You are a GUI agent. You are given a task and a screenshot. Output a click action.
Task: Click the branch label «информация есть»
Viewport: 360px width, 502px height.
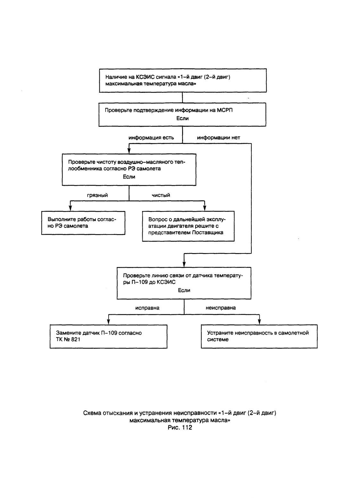click(x=151, y=138)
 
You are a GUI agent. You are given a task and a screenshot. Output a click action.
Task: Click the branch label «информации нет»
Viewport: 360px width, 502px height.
click(x=218, y=138)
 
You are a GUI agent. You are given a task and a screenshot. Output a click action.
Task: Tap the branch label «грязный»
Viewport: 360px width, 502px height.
click(x=97, y=195)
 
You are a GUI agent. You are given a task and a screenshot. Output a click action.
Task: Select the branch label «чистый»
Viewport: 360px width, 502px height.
click(x=161, y=195)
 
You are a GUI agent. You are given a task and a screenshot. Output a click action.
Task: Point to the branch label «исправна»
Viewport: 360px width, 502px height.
click(x=147, y=308)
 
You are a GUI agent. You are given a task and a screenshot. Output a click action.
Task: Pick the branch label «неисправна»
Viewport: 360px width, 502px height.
click(x=221, y=308)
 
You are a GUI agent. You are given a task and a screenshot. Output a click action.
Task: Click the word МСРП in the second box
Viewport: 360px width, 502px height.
click(x=224, y=110)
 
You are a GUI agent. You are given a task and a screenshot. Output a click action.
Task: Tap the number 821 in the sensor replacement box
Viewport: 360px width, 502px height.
click(x=76, y=339)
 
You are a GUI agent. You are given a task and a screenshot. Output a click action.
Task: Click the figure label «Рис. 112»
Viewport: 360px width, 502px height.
click(x=180, y=427)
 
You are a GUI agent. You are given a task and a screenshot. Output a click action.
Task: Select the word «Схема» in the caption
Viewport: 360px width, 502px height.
click(x=92, y=413)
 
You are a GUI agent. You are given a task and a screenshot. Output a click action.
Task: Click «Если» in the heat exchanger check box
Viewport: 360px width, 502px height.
click(x=129, y=177)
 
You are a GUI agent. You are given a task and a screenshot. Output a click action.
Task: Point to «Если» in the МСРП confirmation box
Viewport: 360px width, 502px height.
click(x=182, y=118)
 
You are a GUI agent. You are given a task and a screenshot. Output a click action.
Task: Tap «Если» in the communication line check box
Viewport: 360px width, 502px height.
click(x=184, y=290)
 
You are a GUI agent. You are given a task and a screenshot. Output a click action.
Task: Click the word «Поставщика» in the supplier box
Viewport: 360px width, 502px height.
click(x=208, y=233)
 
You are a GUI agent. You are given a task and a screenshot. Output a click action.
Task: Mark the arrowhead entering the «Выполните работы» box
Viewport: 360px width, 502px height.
click(x=70, y=208)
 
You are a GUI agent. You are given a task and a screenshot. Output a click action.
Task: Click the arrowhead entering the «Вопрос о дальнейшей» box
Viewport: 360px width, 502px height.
click(x=204, y=208)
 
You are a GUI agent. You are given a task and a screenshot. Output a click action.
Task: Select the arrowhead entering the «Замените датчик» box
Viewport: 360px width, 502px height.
click(x=108, y=322)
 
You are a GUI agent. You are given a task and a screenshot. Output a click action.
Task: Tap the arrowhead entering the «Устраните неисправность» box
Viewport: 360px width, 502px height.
click(x=259, y=322)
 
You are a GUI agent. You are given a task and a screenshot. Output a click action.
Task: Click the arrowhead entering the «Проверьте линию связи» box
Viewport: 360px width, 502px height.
click(x=184, y=264)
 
